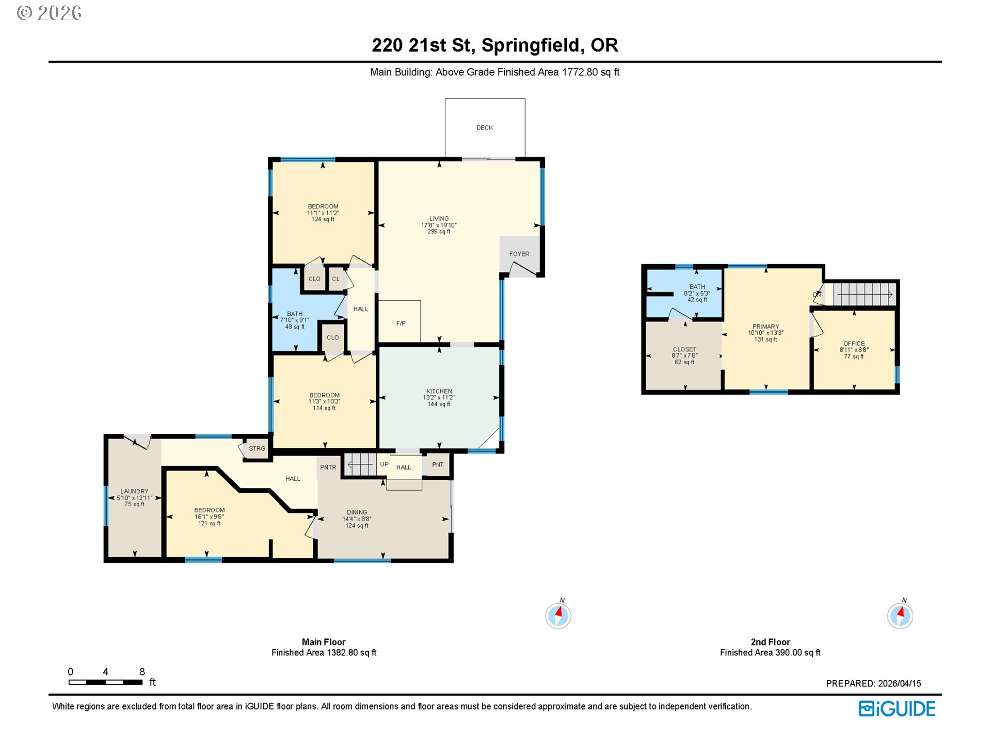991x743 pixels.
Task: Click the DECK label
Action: (485, 127)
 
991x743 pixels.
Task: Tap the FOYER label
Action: (519, 254)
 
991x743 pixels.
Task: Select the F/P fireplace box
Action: (399, 321)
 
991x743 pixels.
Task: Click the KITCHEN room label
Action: (439, 391)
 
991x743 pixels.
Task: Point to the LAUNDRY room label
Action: (135, 491)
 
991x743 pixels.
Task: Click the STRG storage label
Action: (257, 448)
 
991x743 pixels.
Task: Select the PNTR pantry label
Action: (328, 467)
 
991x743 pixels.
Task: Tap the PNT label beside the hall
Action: (438, 464)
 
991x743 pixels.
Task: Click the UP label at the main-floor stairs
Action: (384, 464)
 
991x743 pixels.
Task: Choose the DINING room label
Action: (357, 512)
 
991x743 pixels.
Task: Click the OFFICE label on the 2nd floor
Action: (854, 343)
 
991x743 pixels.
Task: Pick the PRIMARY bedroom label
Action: (766, 327)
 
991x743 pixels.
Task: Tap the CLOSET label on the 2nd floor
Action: (685, 349)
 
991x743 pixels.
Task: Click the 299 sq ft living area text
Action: (439, 232)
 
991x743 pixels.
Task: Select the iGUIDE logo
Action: (897, 709)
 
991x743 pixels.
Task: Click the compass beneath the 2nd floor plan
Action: (900, 615)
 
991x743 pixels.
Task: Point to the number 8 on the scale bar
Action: (142, 672)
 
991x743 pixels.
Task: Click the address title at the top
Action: (495, 45)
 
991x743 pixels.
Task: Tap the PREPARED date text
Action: (873, 683)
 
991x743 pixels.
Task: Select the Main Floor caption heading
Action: (324, 642)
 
